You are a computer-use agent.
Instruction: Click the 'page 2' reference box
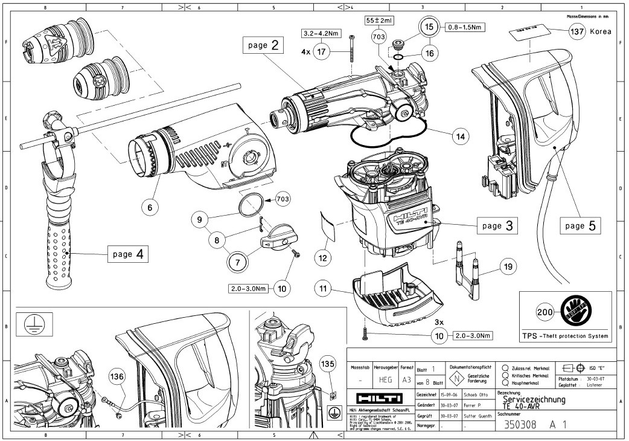coord(264,45)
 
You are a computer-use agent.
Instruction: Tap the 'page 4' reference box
coord(127,254)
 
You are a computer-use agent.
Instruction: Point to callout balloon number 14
coord(461,137)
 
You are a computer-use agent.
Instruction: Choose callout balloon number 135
coord(327,365)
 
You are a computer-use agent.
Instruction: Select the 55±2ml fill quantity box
coord(378,19)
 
